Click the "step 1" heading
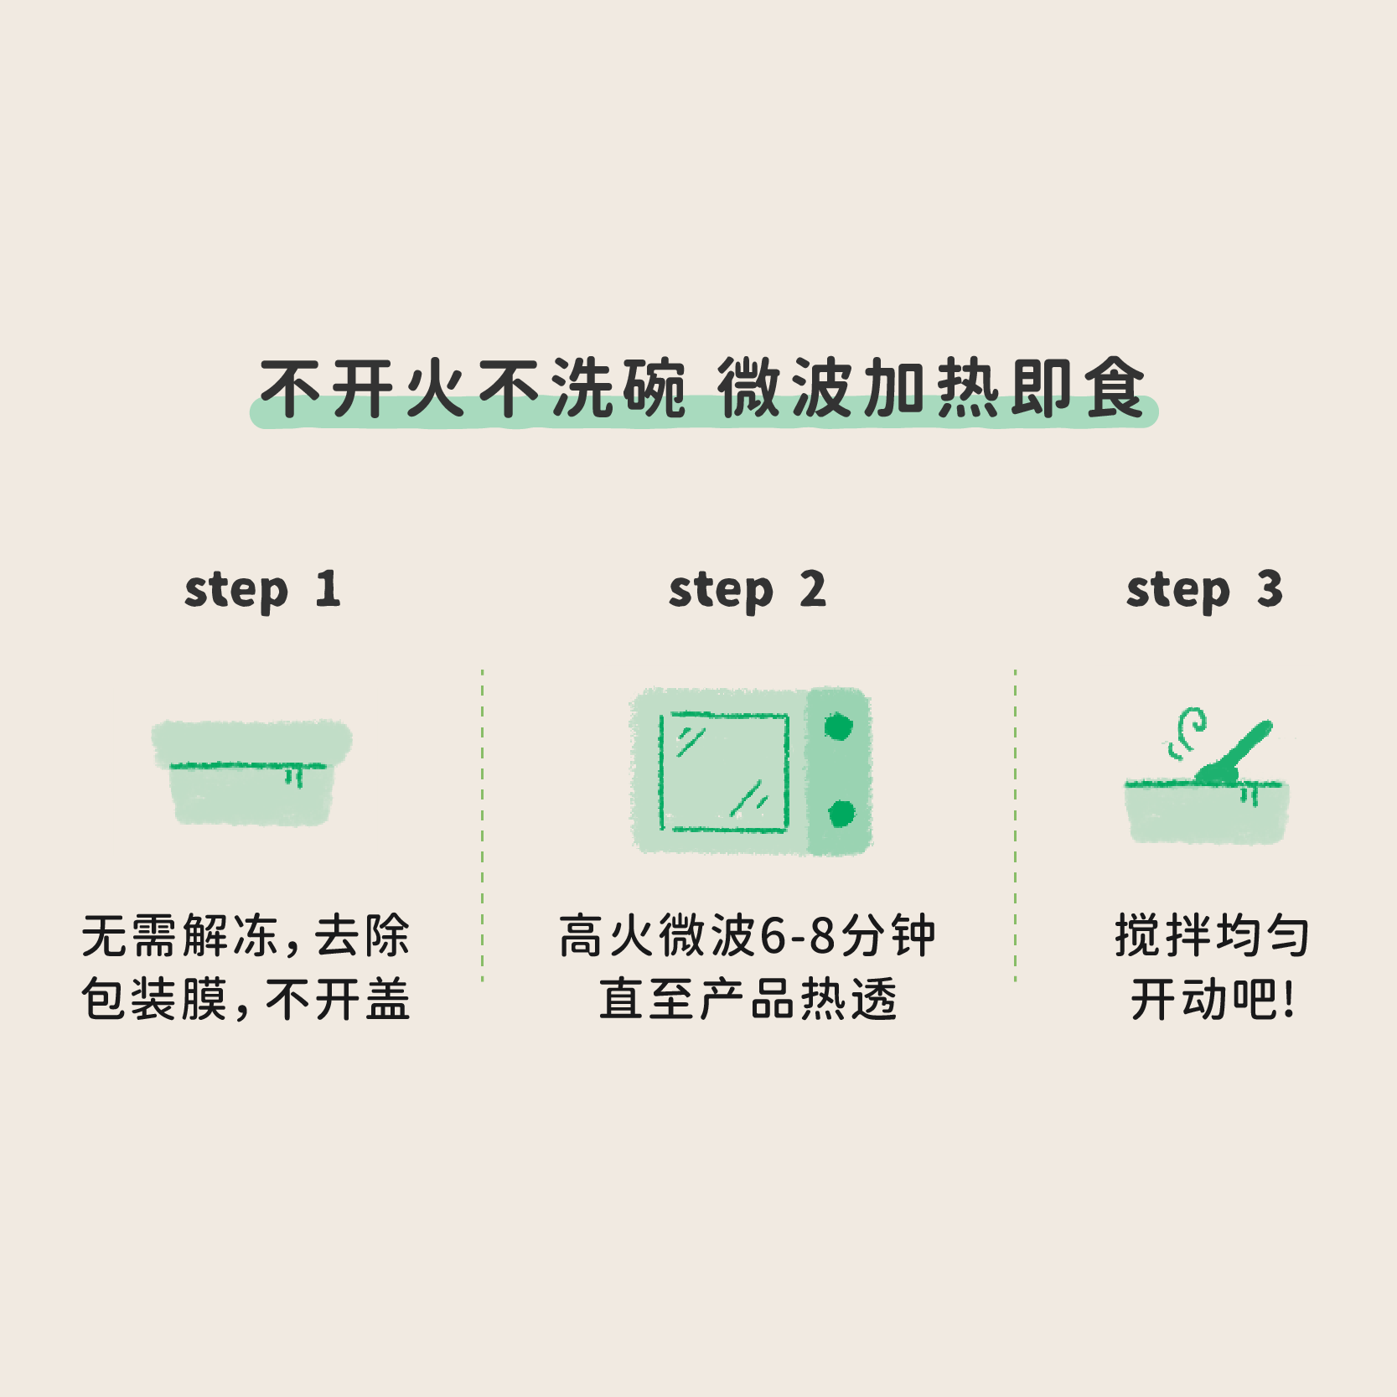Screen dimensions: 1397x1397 click(x=262, y=590)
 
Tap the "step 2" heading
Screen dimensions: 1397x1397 click(x=748, y=590)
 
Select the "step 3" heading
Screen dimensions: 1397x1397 click(x=1204, y=590)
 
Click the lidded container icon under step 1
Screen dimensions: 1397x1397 click(x=251, y=772)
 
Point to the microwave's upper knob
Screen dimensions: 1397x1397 click(x=838, y=727)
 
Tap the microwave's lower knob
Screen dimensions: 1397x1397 click(x=841, y=813)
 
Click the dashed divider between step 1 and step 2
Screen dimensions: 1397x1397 click(x=483, y=825)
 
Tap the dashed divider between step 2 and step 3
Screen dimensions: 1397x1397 click(x=1015, y=825)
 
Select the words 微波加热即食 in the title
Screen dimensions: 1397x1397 click(x=931, y=387)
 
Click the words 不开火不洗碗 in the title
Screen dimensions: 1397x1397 click(x=473, y=387)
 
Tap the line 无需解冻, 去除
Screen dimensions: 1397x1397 click(x=246, y=935)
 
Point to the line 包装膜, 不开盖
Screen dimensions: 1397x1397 click(x=246, y=999)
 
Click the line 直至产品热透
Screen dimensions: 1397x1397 click(x=748, y=999)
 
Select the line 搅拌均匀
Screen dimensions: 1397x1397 click(x=1212, y=935)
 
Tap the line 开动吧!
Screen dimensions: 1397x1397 click(x=1212, y=999)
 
